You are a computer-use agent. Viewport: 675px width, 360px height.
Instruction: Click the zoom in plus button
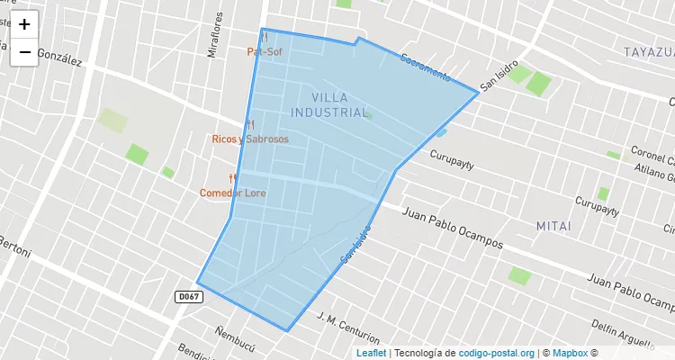24,24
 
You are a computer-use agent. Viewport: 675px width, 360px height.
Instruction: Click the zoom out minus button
24,52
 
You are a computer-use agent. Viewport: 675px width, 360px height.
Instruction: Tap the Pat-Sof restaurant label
265,52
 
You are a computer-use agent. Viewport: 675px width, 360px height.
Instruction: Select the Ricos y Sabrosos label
250,139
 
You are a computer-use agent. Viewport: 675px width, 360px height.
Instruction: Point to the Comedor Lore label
232,193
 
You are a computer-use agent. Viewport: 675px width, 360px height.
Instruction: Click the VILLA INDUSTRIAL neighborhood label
329,104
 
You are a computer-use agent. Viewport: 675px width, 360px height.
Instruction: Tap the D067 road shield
187,296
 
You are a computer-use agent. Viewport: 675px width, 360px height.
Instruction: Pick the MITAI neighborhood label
553,225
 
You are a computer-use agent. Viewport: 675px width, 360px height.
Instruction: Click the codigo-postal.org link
497,353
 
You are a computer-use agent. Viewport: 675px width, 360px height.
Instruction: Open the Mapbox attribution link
569,353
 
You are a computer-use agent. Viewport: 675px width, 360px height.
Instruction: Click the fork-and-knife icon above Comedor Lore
232,178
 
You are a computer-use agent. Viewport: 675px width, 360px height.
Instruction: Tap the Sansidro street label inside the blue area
355,244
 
